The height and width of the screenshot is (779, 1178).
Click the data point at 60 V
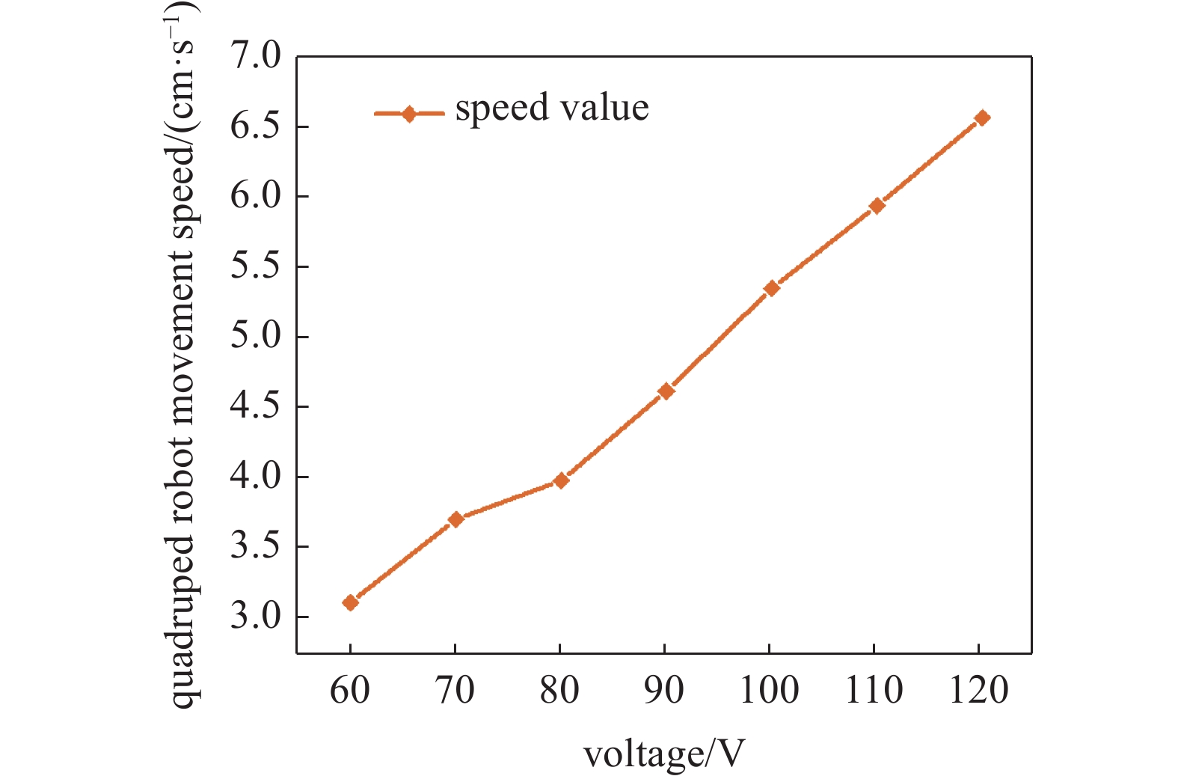click(350, 602)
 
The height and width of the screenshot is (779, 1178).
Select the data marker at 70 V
click(456, 519)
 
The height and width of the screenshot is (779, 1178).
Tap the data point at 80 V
click(561, 480)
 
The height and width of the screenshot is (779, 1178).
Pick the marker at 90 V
click(666, 391)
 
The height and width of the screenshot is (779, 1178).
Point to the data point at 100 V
click(772, 288)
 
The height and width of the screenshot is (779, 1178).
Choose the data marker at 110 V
click(877, 205)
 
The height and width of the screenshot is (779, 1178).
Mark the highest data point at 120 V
click(982, 117)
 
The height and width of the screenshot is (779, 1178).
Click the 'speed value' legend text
click(552, 108)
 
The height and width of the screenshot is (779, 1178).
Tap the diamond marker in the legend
click(408, 114)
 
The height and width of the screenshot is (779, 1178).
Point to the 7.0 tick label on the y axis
click(255, 57)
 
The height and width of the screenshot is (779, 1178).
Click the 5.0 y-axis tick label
click(255, 337)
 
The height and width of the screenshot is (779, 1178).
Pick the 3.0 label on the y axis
click(255, 617)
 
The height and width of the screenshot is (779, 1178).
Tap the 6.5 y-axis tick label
click(255, 126)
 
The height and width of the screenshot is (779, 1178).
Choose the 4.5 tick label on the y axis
click(255, 407)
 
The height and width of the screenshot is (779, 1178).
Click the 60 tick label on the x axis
click(350, 690)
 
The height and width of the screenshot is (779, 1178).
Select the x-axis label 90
click(665, 690)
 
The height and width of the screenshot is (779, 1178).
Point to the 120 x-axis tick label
click(980, 690)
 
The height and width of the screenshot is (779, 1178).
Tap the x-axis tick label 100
click(770, 690)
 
